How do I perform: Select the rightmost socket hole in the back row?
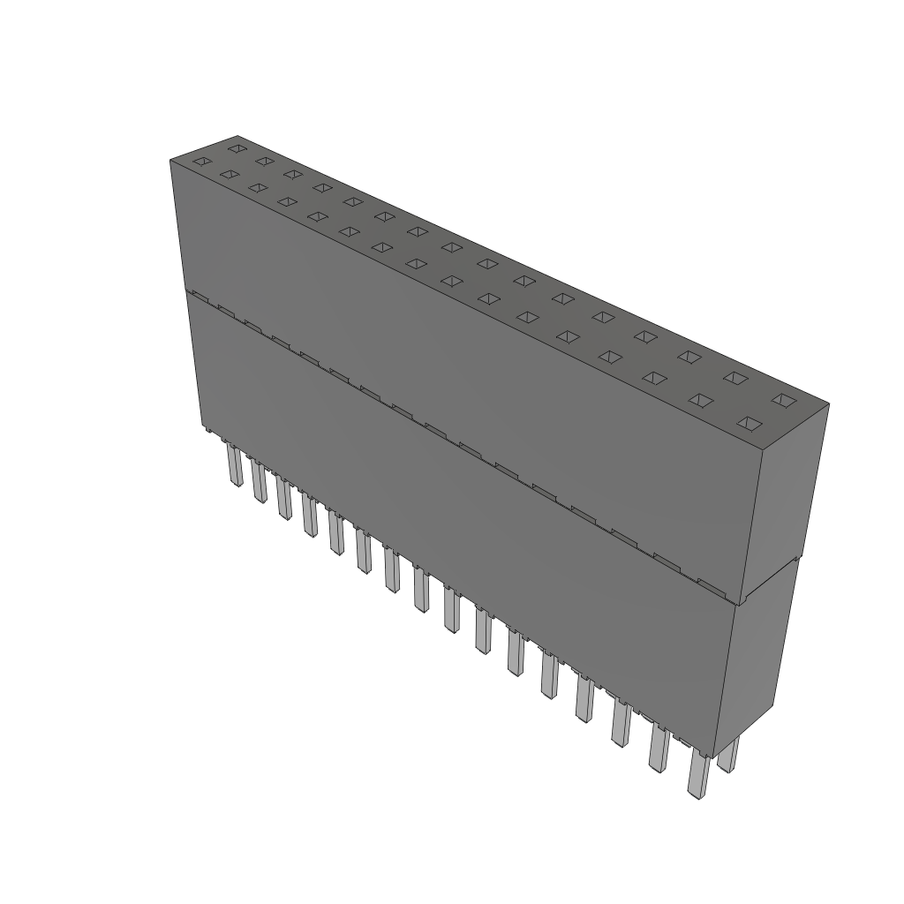tap(780, 400)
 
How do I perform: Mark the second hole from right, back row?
tap(734, 378)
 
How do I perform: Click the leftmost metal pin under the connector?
tap(235, 465)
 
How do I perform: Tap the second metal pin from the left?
tap(259, 481)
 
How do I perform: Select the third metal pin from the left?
tap(282, 499)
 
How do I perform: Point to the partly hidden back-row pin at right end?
tap(728, 754)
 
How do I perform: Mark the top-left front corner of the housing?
tap(170, 160)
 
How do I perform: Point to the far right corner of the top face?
tap(828, 404)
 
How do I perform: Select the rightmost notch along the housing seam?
tap(712, 584)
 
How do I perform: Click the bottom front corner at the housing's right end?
tap(713, 757)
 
